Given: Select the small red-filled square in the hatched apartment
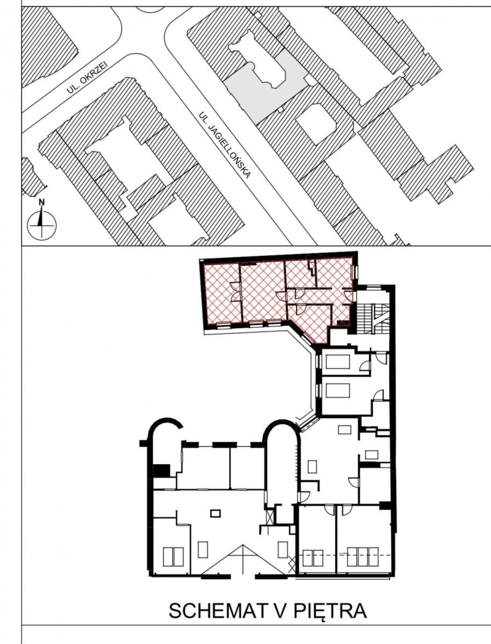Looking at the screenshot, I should click(x=344, y=323).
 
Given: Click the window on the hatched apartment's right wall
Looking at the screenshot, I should click(x=353, y=272).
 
